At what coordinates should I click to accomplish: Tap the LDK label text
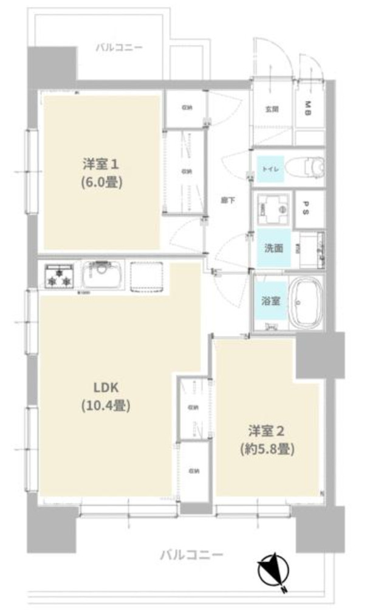(106, 387)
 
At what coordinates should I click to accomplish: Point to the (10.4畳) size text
(106, 405)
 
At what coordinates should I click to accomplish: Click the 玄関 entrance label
(271, 109)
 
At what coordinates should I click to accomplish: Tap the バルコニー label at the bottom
(191, 555)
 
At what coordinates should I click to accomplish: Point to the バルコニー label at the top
(119, 47)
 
